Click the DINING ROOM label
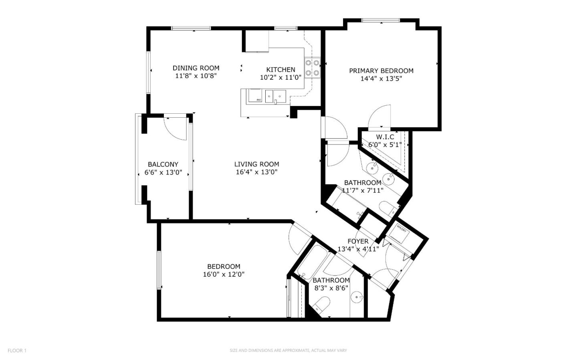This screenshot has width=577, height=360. (196, 68)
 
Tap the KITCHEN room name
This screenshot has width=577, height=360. (280, 70)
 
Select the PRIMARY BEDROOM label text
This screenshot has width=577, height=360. (381, 71)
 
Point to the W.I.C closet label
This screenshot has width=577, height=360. (385, 137)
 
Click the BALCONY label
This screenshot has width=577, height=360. (163, 164)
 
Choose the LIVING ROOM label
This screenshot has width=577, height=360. (256, 164)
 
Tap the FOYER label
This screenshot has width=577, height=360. (358, 241)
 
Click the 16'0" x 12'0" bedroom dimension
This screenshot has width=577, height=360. (224, 274)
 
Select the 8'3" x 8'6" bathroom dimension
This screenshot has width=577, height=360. (331, 288)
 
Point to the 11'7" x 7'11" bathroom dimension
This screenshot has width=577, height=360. (363, 190)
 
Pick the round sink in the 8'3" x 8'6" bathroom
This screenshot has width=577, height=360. (357, 297)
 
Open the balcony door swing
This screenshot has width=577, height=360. (176, 128)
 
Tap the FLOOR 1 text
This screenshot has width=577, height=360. (17, 350)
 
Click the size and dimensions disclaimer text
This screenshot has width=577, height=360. (288, 350)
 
